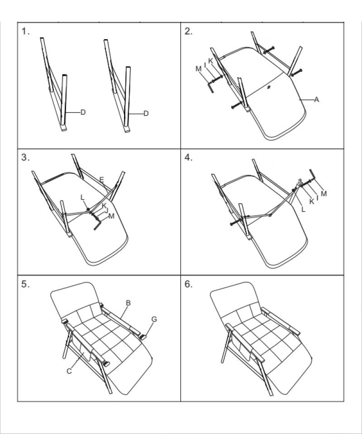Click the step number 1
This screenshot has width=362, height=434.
(26, 32)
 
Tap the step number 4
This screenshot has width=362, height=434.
(189, 158)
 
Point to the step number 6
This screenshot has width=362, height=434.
(189, 285)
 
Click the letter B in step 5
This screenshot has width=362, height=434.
(128, 303)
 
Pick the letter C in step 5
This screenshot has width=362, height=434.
(69, 371)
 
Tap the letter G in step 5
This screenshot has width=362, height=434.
(154, 319)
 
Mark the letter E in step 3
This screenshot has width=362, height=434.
(102, 180)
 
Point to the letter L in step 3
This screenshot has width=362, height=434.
(82, 198)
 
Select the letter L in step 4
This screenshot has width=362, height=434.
(303, 210)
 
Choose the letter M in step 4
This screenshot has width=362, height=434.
(324, 193)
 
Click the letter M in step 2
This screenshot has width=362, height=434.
(198, 69)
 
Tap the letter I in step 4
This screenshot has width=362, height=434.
(317, 197)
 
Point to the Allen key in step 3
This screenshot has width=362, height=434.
(98, 224)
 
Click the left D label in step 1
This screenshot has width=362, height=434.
(83, 112)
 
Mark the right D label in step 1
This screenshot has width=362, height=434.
(146, 114)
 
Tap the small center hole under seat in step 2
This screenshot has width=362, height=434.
(269, 87)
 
